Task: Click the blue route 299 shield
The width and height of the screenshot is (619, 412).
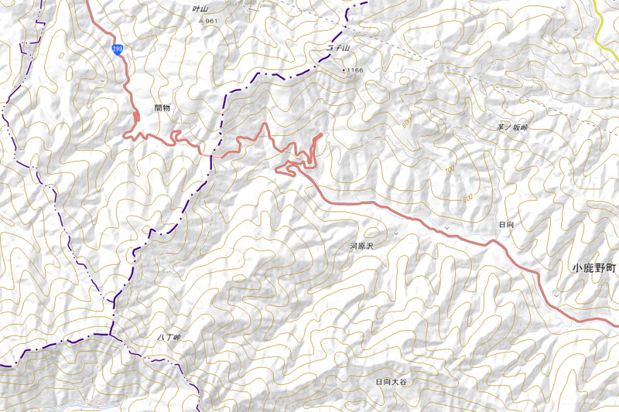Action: point(116,49)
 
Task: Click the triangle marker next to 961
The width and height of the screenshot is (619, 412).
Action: point(202,21)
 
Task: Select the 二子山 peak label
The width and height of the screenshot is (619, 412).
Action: point(338,49)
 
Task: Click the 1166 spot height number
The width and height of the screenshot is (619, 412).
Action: point(355,70)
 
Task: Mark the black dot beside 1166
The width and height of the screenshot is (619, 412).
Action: point(344,70)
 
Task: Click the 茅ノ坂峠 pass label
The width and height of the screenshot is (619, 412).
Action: point(512,128)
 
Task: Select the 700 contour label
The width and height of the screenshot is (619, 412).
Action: point(450,169)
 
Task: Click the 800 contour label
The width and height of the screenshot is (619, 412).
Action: point(467,199)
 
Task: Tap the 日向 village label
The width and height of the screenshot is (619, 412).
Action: point(507,223)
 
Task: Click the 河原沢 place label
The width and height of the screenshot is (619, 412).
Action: point(361,246)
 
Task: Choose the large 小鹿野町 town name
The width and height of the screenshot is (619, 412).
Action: point(594,268)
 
